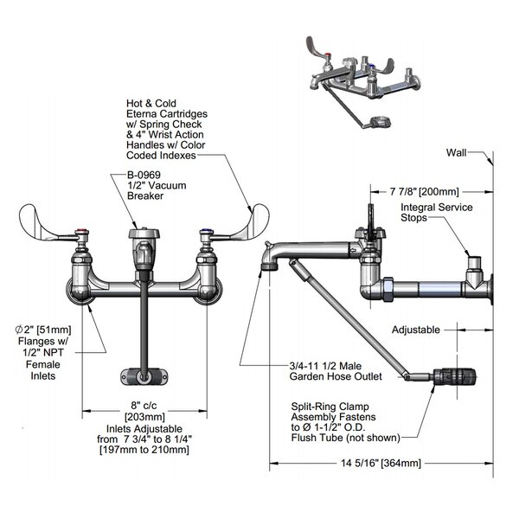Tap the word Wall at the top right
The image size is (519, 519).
point(456,152)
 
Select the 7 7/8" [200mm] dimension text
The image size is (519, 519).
point(424,191)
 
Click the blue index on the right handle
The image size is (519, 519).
point(202,232)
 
